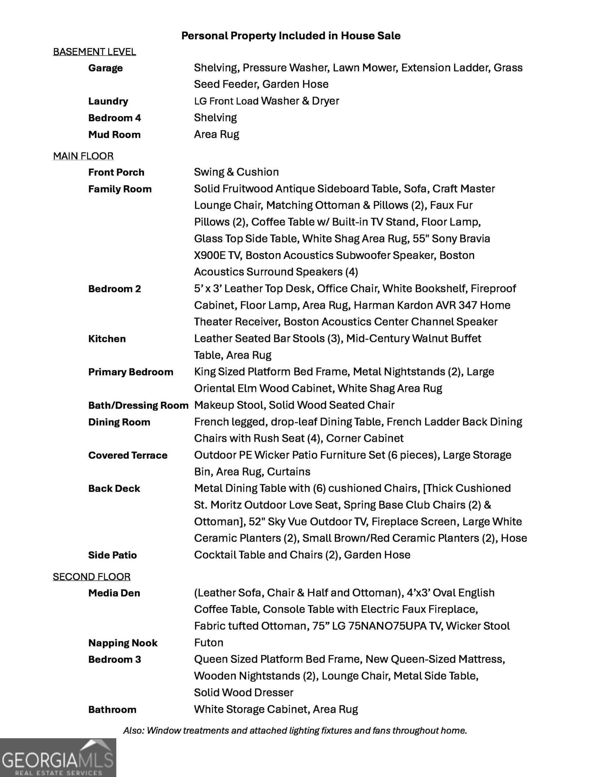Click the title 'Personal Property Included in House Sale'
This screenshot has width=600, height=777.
(x=291, y=35)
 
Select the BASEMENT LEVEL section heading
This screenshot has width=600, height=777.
(x=94, y=52)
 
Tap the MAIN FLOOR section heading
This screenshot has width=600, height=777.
(x=83, y=156)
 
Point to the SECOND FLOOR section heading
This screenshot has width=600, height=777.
(x=91, y=576)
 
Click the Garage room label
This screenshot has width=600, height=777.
(x=105, y=68)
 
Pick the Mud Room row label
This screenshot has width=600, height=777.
(x=114, y=135)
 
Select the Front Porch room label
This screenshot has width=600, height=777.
(x=116, y=172)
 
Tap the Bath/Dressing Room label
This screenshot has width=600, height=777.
(x=138, y=405)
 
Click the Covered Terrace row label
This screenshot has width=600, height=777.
(x=128, y=455)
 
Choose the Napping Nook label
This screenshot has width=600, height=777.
(x=123, y=643)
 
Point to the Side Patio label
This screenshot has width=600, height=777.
(x=112, y=555)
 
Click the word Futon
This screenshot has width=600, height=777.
(x=208, y=642)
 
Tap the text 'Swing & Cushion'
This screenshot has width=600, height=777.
(x=236, y=172)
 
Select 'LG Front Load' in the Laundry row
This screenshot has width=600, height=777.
(x=226, y=101)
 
